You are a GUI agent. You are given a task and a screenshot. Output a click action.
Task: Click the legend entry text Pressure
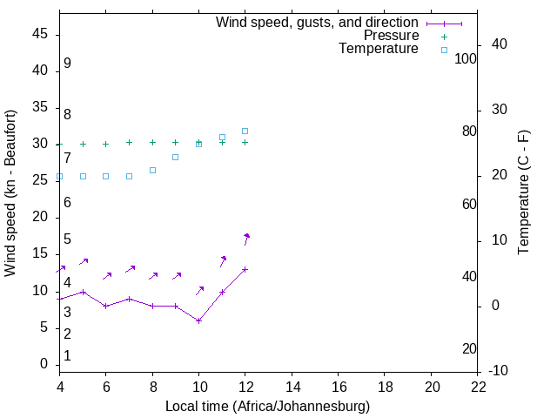tap(391, 36)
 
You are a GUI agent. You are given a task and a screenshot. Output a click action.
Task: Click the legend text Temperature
tap(379, 49)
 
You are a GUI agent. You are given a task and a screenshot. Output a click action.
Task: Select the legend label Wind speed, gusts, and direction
tap(317, 22)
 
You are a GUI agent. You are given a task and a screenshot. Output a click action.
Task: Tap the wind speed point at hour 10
tap(198, 320)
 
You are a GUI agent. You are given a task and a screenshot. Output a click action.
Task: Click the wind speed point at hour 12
tap(245, 269)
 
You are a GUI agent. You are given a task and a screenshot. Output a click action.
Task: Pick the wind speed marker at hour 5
tap(83, 292)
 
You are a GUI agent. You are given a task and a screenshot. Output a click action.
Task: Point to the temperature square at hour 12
tap(245, 131)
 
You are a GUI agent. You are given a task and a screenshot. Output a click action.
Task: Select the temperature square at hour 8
tap(152, 170)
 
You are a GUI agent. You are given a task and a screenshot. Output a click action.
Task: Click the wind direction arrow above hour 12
tap(246, 239)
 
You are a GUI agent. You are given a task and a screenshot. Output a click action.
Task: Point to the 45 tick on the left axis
tap(40, 34)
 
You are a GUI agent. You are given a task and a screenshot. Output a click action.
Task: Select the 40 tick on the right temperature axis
tap(500, 44)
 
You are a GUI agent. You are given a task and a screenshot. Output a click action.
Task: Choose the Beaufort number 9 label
tap(67, 64)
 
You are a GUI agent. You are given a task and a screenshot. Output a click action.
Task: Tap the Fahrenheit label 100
tap(466, 58)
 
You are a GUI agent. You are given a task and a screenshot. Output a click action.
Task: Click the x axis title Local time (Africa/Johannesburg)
tap(267, 406)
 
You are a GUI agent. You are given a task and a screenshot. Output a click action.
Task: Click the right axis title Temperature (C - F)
tap(523, 193)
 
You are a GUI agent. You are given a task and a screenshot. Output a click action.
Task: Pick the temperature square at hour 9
tap(176, 157)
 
